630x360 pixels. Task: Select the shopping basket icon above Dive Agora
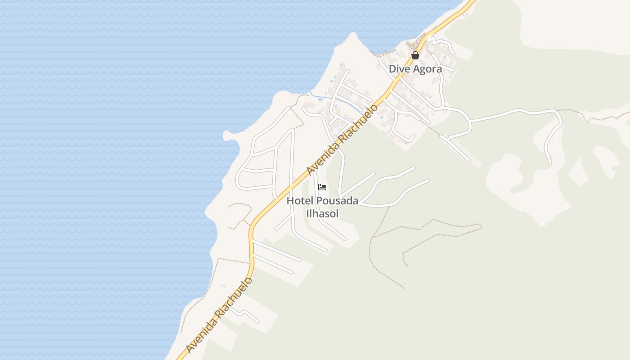415,55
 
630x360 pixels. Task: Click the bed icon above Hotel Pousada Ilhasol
322,187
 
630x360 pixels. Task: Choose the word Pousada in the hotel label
337,201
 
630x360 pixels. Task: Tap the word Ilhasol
322,214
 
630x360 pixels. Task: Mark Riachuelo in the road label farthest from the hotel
236,297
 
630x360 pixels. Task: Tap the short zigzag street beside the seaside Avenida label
245,315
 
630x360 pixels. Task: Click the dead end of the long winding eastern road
549,162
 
